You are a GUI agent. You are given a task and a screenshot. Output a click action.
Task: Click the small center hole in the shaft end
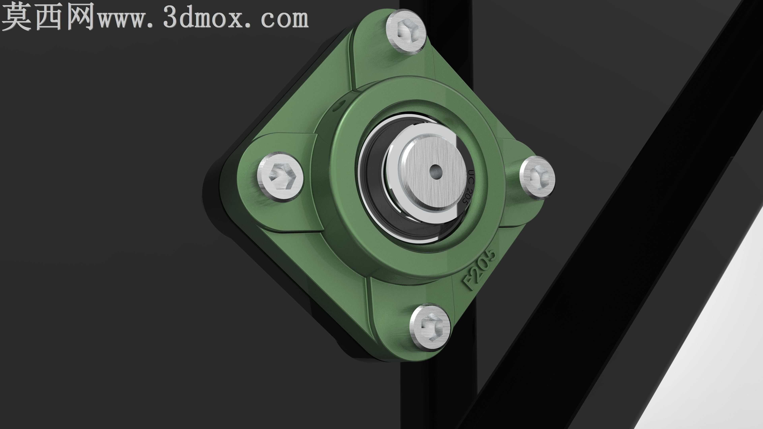tap(435, 172)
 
